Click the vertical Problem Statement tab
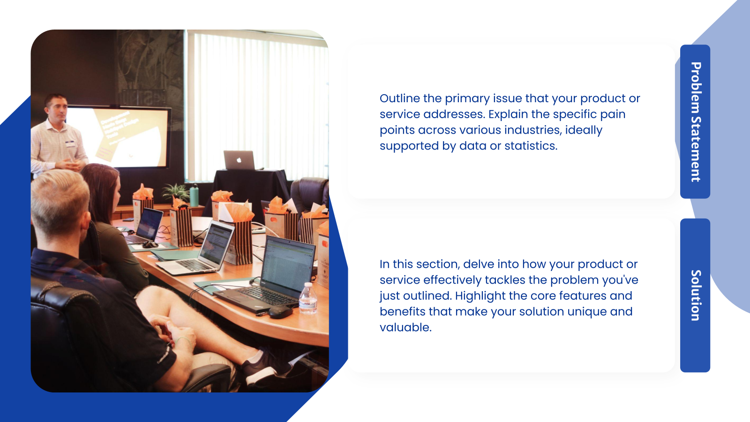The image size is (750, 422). pyautogui.click(x=695, y=121)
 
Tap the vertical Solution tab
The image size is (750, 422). pyautogui.click(x=695, y=295)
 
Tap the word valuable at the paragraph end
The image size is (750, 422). pyautogui.click(x=405, y=327)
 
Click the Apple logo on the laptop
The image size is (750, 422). pyautogui.click(x=239, y=160)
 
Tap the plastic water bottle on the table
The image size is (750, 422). pyautogui.click(x=308, y=298)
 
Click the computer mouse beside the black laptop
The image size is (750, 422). pyautogui.click(x=280, y=312)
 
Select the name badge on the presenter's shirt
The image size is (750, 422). pyautogui.click(x=71, y=143)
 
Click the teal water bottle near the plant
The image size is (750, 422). pyautogui.click(x=194, y=196)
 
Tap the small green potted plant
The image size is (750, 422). pyautogui.click(x=175, y=192)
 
